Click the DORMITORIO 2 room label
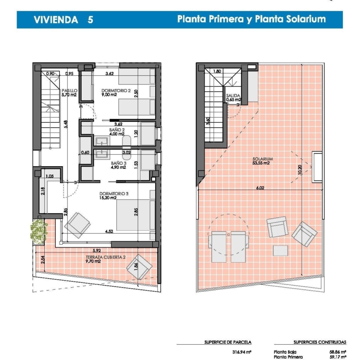tap(116, 90)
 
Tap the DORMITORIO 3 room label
tap(114, 194)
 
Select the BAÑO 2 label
tap(117, 130)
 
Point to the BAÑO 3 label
tap(119, 163)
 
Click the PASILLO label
tap(70, 90)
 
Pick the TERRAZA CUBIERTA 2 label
tap(106, 257)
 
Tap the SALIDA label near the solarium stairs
tap(233, 96)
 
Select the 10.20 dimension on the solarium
tap(300, 170)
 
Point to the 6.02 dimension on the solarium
tap(260, 188)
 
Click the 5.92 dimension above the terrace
tap(96, 251)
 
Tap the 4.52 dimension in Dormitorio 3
tap(109, 231)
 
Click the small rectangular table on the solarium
tap(281, 251)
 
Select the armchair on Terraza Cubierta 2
tap(139, 267)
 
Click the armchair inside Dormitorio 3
tap(78, 225)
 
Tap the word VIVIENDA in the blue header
tap(56, 20)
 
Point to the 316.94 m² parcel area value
tap(242, 352)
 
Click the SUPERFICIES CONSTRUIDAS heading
tap(320, 342)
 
